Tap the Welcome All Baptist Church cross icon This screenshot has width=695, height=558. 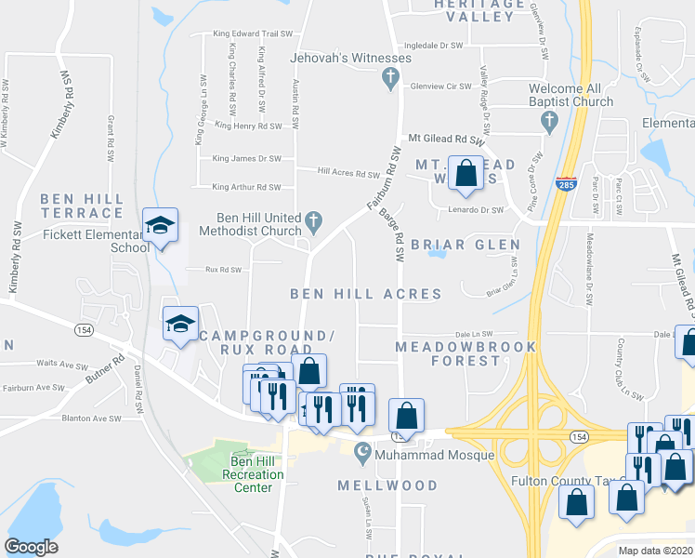tap(548, 120)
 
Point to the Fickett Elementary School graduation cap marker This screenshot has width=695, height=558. tap(160, 226)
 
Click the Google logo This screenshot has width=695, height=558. tap(31, 547)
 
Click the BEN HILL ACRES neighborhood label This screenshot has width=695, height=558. tap(365, 294)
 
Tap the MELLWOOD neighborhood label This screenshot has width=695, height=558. tap(387, 485)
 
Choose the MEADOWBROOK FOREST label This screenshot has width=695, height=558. tap(466, 353)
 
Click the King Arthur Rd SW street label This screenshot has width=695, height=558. tap(246, 187)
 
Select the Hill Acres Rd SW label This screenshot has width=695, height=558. tap(348, 173)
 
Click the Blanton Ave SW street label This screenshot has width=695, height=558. tap(90, 418)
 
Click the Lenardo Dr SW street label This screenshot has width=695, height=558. tap(477, 210)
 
